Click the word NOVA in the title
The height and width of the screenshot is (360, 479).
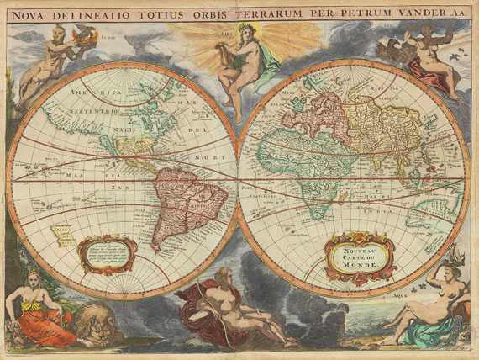(x=27, y=14)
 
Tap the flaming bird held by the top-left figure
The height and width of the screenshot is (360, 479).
(x=83, y=36)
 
